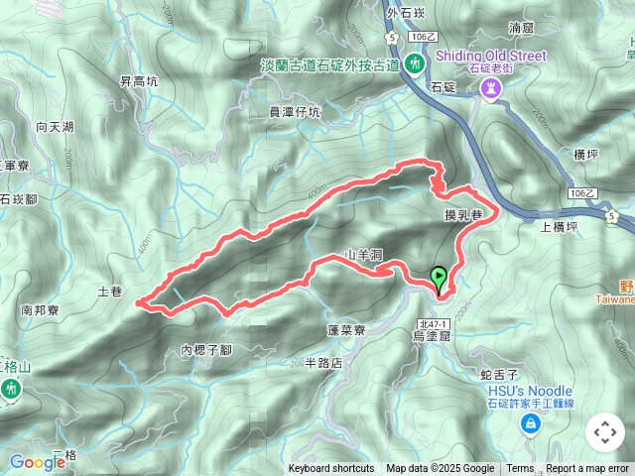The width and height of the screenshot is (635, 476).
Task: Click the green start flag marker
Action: click(x=439, y=279)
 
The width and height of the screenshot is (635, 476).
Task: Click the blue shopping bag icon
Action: click(x=532, y=424)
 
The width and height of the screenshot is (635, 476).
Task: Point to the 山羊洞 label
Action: click(x=363, y=255)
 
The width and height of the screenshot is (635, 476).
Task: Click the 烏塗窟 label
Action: click(x=432, y=337)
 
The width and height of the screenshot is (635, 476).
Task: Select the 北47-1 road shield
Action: click(x=435, y=323)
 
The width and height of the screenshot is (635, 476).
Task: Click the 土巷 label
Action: click(x=110, y=292)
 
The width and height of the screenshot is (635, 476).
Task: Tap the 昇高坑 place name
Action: click(x=139, y=82)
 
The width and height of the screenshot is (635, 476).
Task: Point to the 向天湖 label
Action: click(x=55, y=127)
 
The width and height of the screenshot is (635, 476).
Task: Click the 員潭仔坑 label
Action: click(x=295, y=113)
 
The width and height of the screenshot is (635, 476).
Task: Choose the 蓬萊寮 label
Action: click(x=346, y=330)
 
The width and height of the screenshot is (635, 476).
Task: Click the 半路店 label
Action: click(x=323, y=363)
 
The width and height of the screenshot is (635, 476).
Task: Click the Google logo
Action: click(x=37, y=461)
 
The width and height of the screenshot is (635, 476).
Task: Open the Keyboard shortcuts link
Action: click(x=331, y=469)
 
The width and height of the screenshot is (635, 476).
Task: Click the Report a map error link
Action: click(x=587, y=469)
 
